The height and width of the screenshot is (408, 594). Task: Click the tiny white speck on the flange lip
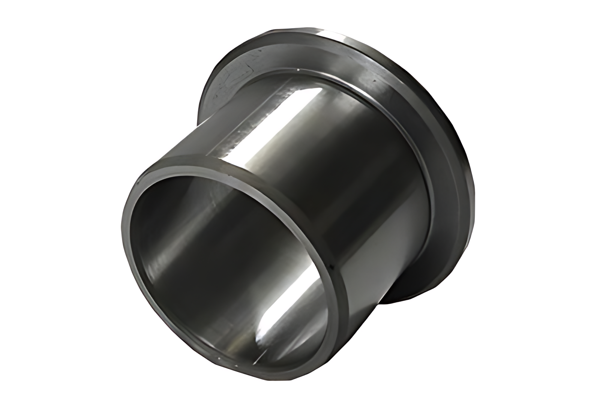click(x=297, y=70)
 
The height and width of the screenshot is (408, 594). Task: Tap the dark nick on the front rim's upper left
click(x=139, y=183)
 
